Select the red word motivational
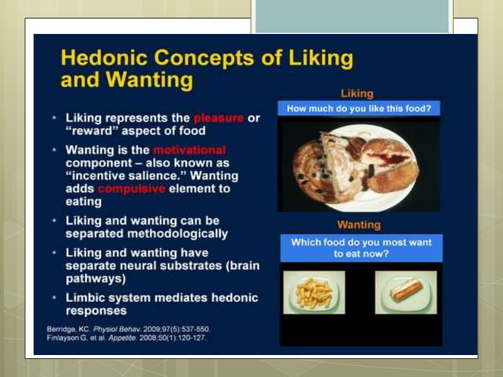point(189,150)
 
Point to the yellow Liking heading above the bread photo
point(356,93)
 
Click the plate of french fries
point(314,293)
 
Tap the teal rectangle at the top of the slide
point(352,17)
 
